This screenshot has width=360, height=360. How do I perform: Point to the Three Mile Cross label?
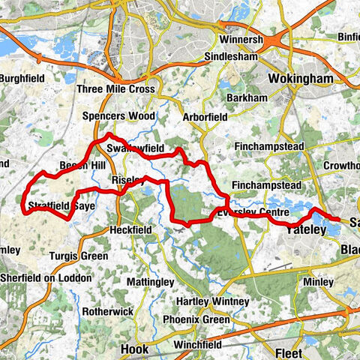tap(115, 89)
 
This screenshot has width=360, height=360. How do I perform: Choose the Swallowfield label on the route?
tap(134, 149)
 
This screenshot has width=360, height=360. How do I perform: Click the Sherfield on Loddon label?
tap(46, 277)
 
